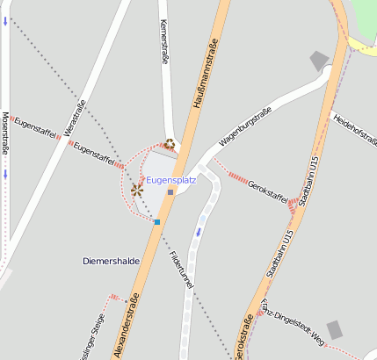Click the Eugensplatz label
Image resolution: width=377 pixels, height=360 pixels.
click(x=170, y=180)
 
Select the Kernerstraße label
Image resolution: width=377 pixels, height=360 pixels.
click(x=163, y=42)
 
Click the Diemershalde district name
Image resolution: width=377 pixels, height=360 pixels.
click(x=111, y=261)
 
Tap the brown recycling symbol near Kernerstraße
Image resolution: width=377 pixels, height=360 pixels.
click(x=170, y=144)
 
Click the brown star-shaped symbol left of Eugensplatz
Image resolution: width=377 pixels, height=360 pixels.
click(x=137, y=188)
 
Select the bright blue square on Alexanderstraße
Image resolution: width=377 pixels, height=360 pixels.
click(x=156, y=222)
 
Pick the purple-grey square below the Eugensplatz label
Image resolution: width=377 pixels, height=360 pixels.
click(x=170, y=192)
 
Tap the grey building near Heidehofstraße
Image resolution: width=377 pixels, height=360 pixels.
click(x=319, y=61)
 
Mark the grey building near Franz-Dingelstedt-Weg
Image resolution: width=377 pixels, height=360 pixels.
click(x=334, y=331)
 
